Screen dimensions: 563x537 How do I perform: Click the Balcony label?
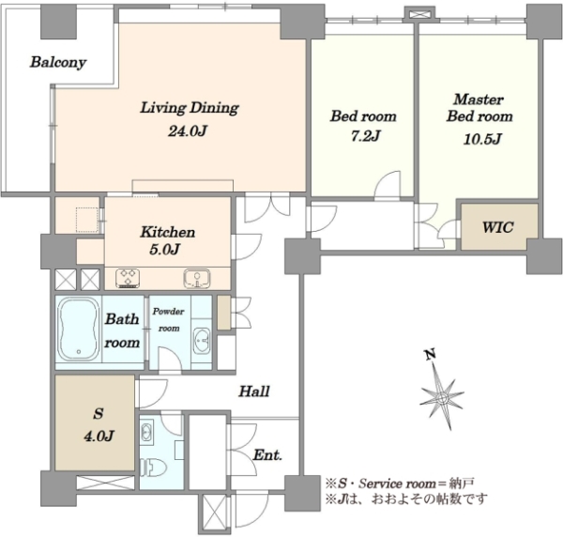(58, 62)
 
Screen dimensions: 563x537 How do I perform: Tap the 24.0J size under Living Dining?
(189, 131)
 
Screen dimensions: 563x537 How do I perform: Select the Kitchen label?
(168, 232)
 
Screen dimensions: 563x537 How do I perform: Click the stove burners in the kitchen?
(128, 278)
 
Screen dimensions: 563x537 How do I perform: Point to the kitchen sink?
(197, 278)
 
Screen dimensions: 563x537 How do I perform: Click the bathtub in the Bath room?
(79, 329)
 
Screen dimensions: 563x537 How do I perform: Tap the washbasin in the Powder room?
(202, 340)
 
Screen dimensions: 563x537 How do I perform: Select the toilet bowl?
(154, 468)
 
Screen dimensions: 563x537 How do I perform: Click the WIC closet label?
(497, 227)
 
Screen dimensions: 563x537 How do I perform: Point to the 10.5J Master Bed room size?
(482, 139)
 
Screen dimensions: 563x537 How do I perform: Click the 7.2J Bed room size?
(365, 136)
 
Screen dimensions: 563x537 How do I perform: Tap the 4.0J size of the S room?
(99, 436)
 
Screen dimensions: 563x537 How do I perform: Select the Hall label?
(254, 391)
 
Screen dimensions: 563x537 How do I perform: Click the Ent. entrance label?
(267, 455)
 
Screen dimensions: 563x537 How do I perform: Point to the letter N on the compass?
(430, 355)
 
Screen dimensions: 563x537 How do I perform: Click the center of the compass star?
(442, 398)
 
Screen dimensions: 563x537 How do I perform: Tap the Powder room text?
(168, 320)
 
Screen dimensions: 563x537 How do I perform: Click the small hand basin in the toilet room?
(146, 432)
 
